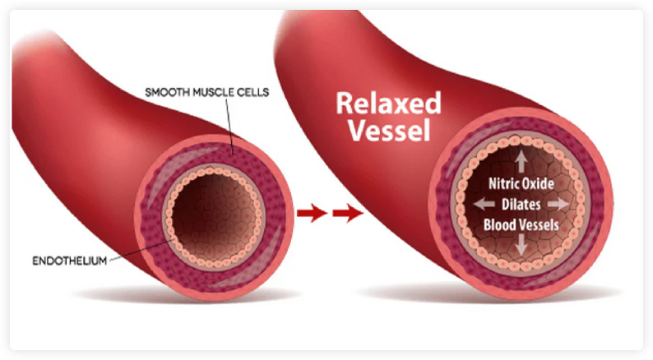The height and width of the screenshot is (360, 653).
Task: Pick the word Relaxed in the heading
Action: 387,104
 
